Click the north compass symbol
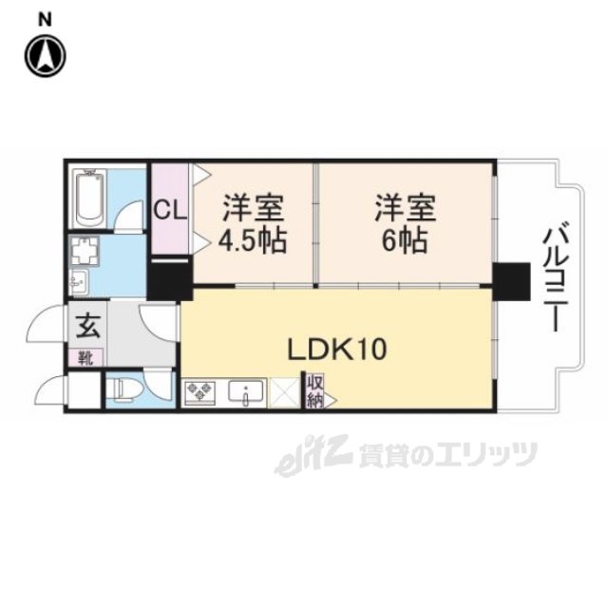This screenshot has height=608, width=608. click(x=44, y=55)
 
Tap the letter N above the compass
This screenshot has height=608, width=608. click(x=45, y=18)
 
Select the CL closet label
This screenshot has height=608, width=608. click(x=172, y=208)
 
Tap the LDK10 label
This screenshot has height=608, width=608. click(x=337, y=350)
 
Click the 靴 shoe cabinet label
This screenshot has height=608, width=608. click(x=85, y=358)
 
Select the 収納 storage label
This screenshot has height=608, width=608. click(x=313, y=390)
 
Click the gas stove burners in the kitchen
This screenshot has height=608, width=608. click(x=199, y=391)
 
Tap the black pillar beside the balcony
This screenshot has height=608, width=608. click(x=510, y=280)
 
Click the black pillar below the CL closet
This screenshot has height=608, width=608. click(x=171, y=279)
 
